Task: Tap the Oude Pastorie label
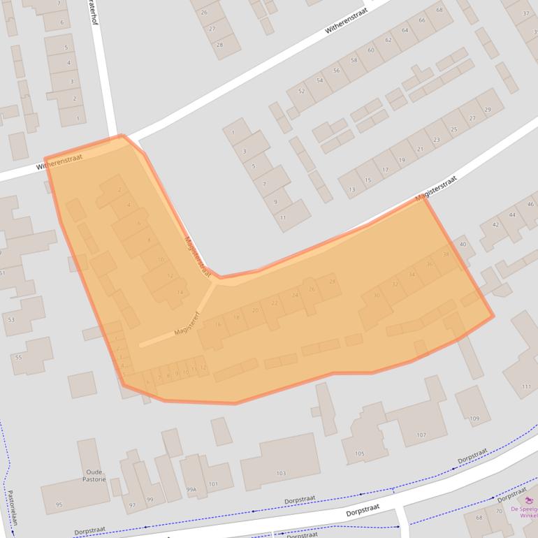pos(93,475)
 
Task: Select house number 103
pos(281,474)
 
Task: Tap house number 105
pos(359,454)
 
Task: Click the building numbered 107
pos(421,435)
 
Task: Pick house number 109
pos(474,419)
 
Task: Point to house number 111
pos(526,386)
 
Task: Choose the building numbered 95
pos(59,504)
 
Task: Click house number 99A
pos(191,490)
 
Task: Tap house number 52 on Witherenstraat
pos(302,92)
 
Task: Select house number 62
pos(388,40)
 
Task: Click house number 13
pos(351,189)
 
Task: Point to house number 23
pos(437,140)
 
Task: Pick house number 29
pos(488,110)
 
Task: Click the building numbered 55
pos(18,357)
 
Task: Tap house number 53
pos(10,319)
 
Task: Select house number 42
pos(495,224)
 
